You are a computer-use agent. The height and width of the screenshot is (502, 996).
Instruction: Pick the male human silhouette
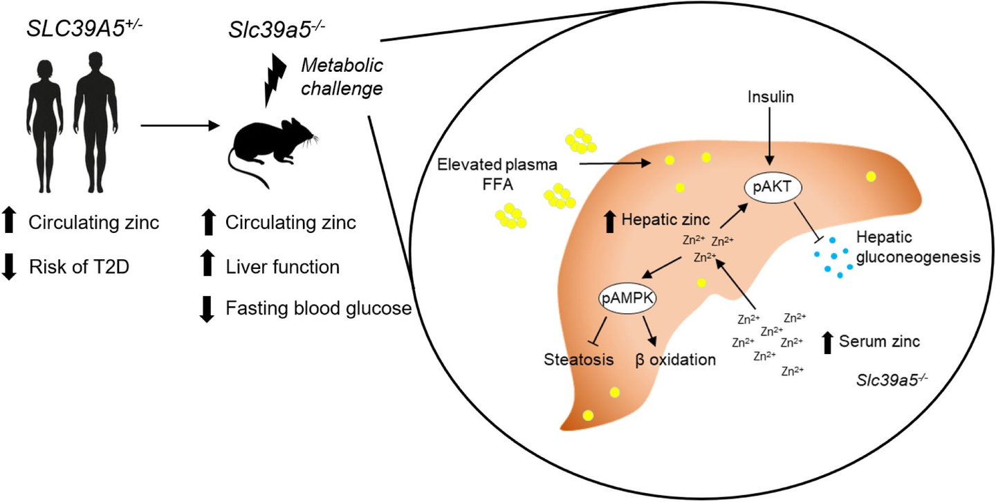click(93, 128)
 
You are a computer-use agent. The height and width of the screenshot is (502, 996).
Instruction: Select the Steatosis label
click(578, 360)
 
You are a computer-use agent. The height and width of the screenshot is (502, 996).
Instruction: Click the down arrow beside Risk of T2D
click(10, 267)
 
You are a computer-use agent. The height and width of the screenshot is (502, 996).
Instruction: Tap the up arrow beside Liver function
click(207, 266)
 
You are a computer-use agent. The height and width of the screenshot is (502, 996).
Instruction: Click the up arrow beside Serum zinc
click(827, 342)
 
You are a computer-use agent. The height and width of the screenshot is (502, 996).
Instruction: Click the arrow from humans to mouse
click(180, 126)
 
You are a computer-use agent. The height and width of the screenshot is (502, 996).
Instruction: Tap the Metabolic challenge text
click(342, 77)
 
